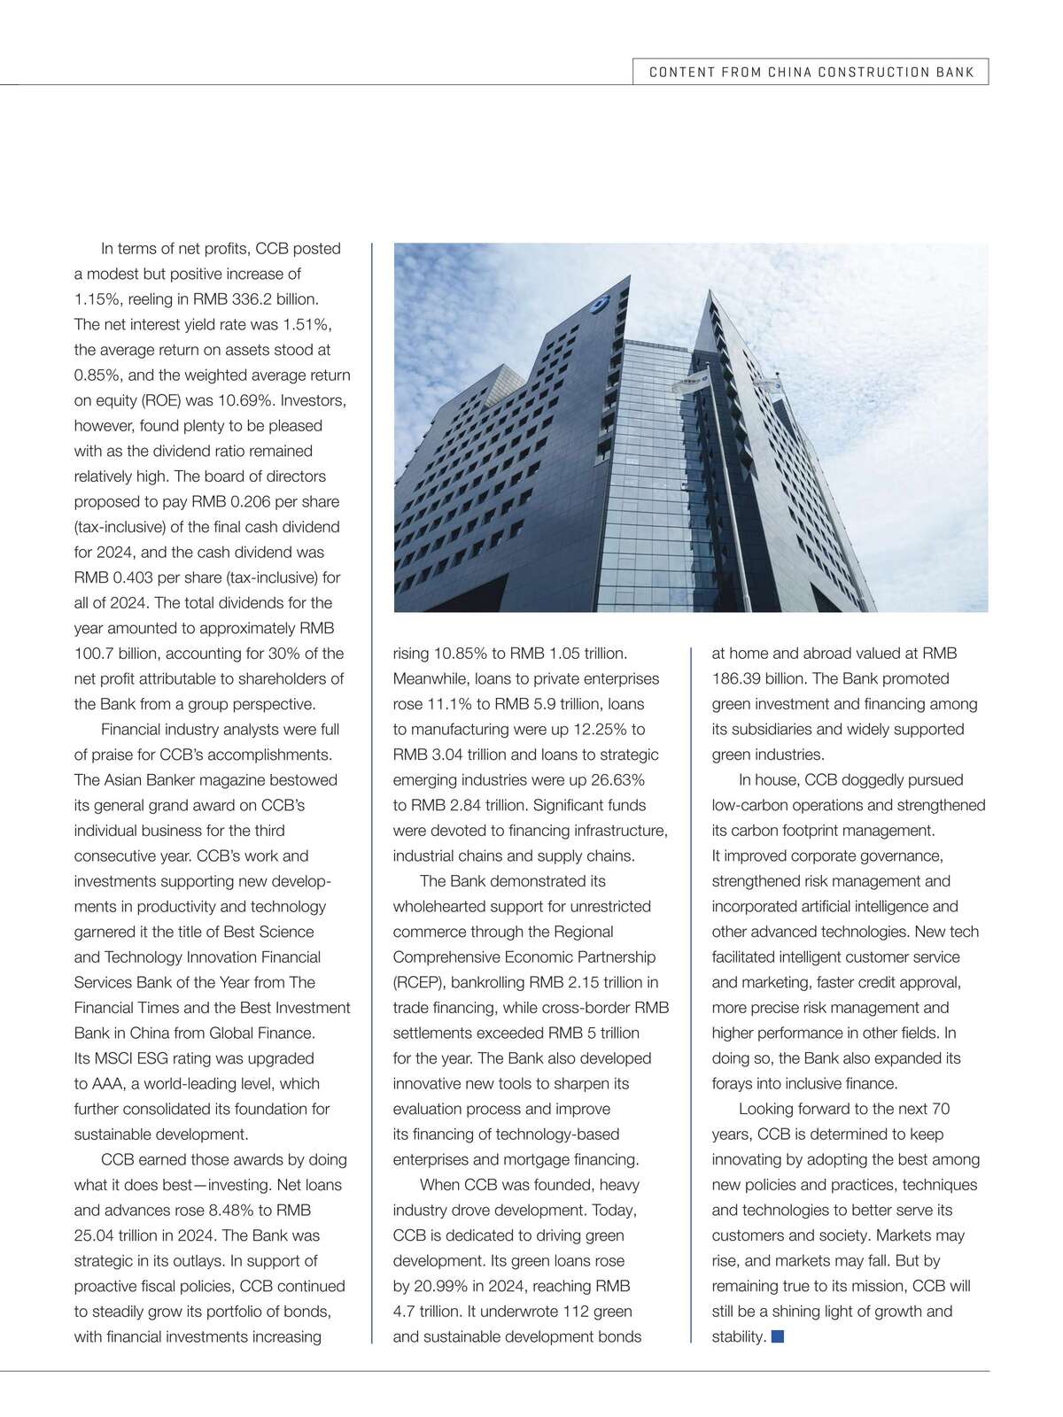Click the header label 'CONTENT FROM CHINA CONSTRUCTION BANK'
coord(811,73)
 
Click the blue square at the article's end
coord(778,1336)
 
